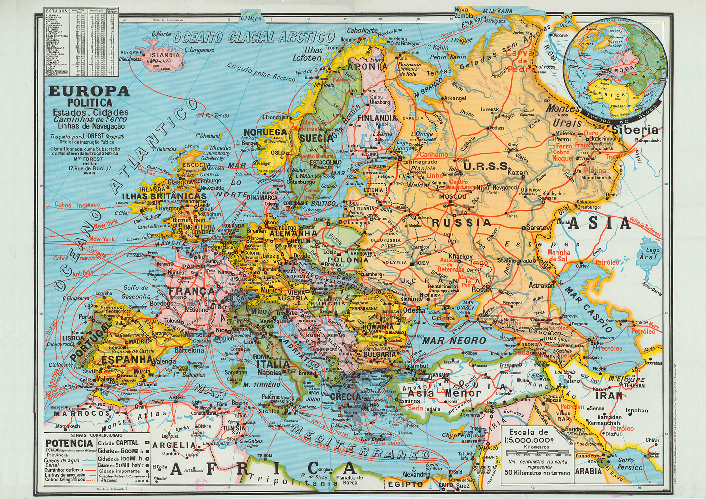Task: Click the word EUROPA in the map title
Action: pos(89,91)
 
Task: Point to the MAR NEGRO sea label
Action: pos(448,340)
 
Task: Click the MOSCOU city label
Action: pos(452,196)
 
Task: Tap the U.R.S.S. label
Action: pos(486,166)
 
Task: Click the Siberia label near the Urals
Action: pos(635,130)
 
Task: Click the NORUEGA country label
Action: pos(265,132)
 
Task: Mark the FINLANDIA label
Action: pos(377,118)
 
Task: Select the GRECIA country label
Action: pos(345,397)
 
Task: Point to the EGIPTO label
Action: pos(405,484)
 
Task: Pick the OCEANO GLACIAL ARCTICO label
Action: pos(254,37)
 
